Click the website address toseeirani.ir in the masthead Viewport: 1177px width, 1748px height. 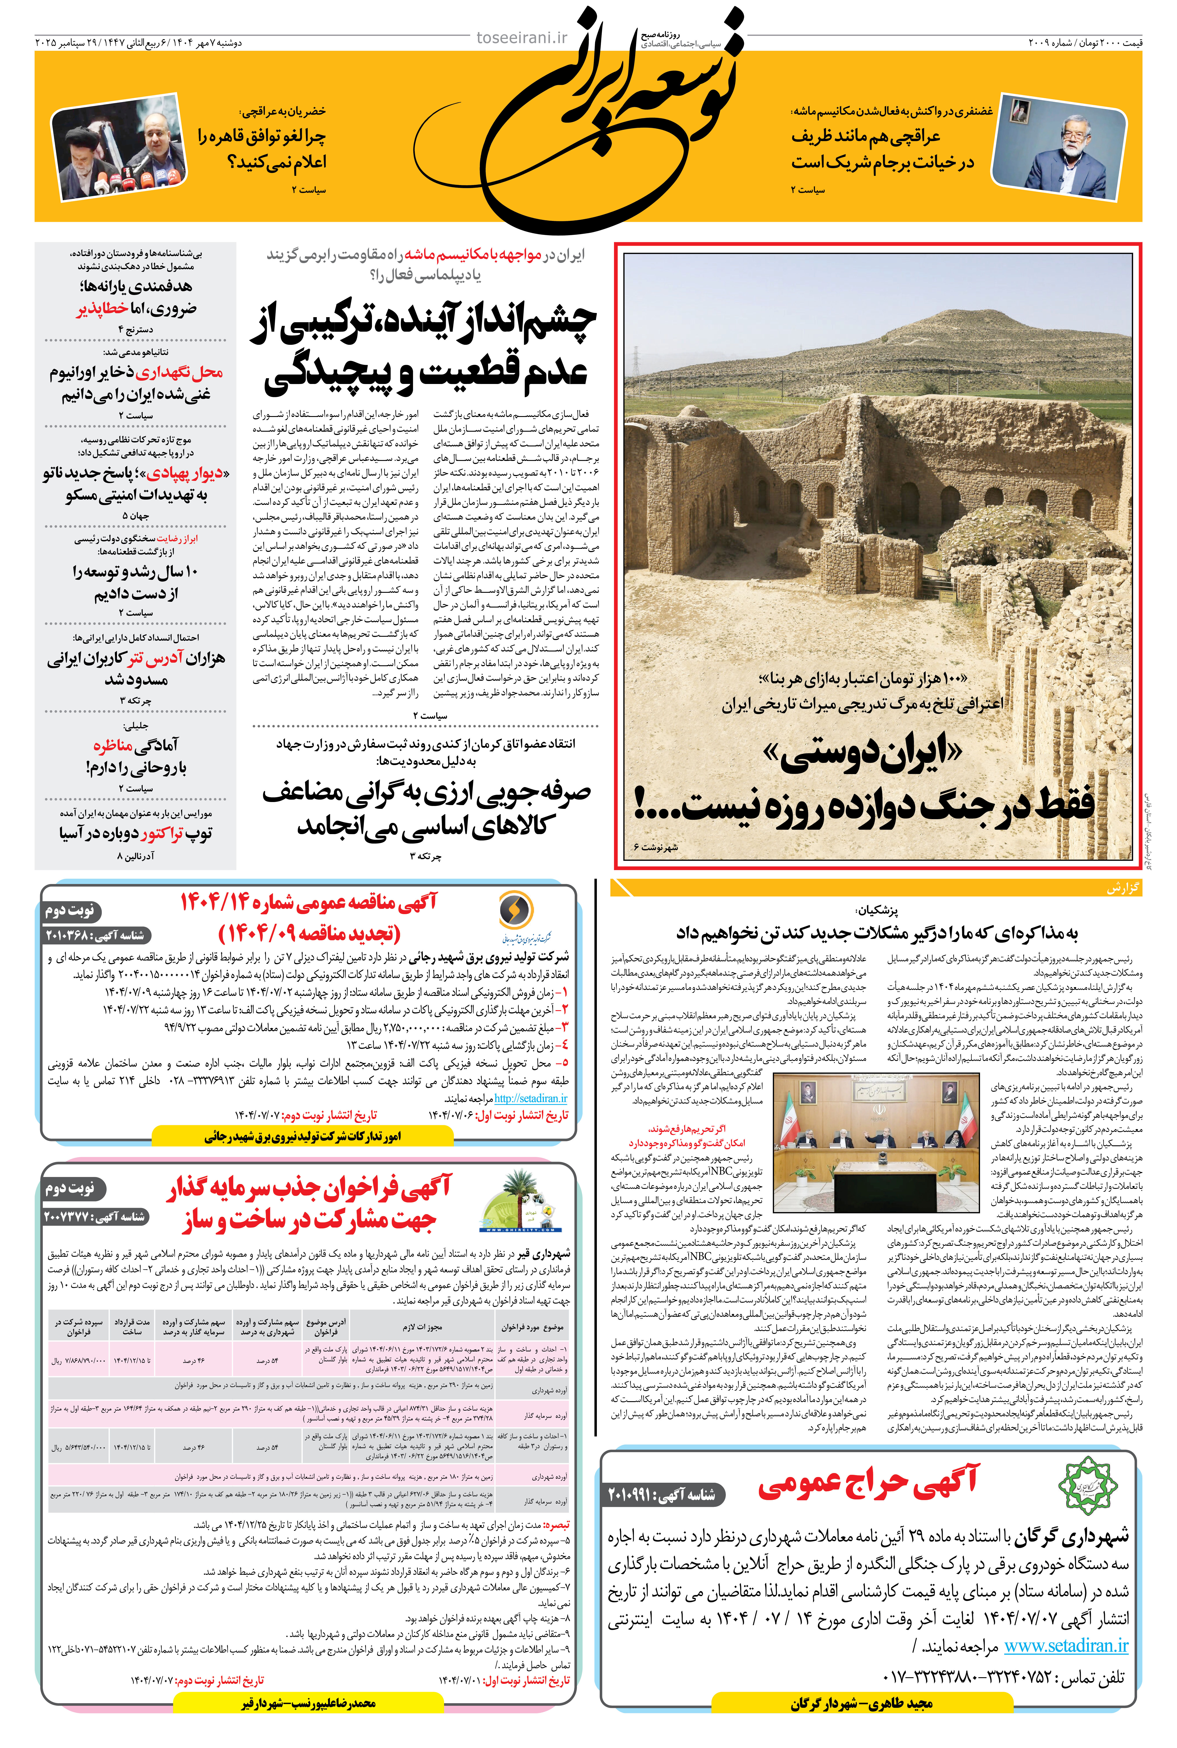[x=522, y=38]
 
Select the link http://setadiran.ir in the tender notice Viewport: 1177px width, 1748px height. [x=531, y=1098]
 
